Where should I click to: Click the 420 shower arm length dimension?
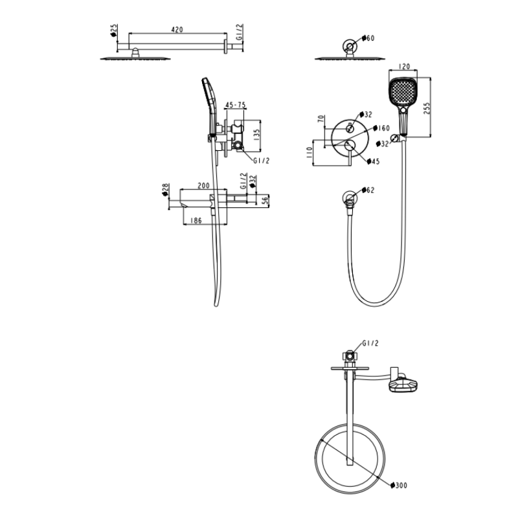coord(177,29)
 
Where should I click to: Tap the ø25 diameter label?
coord(114,30)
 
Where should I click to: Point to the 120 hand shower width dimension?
coord(405,66)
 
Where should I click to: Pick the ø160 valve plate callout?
coord(383,128)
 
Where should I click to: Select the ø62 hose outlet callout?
coord(370,190)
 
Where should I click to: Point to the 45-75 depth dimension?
coord(234,105)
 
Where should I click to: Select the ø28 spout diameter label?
coord(166,189)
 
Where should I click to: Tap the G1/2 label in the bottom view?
coord(371,343)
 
